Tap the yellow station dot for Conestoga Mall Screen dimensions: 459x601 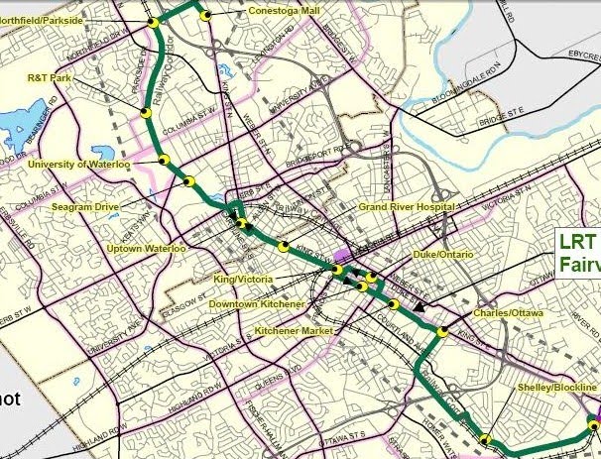[x=206, y=15]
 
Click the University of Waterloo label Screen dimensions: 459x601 [x=75, y=164]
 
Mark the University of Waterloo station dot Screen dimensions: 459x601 [x=165, y=159]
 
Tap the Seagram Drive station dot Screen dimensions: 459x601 [x=188, y=180]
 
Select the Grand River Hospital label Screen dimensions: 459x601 [x=406, y=207]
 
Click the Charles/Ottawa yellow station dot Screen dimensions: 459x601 [x=442, y=333]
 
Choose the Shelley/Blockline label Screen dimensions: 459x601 [x=558, y=387]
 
